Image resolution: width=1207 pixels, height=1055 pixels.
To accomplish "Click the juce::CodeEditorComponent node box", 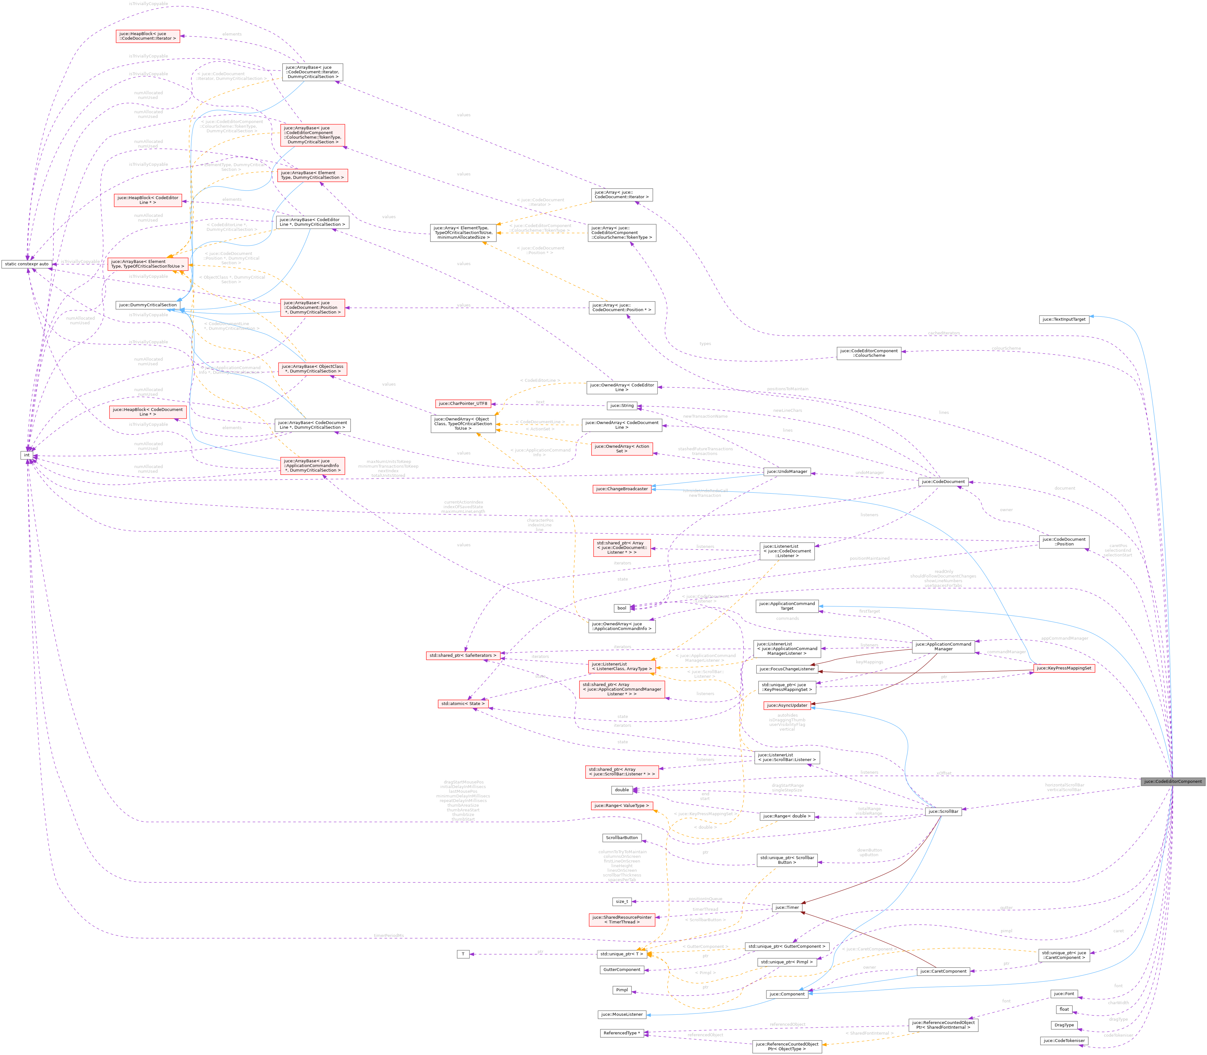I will (x=1173, y=781).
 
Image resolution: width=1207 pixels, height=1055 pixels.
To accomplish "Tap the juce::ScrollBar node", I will (x=943, y=811).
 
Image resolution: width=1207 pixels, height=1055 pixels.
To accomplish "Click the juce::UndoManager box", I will (x=787, y=472).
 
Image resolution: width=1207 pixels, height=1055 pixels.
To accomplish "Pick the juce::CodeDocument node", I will (x=943, y=482).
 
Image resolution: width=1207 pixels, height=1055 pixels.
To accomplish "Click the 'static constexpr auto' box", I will (x=27, y=264).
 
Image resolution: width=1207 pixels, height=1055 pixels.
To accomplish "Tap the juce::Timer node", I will (x=787, y=907).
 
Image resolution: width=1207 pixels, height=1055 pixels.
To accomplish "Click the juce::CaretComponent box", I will (x=943, y=971).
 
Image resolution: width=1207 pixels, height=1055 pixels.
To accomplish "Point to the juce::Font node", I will (x=1064, y=994).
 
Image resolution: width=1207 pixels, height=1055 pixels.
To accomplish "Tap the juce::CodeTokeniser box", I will (x=1064, y=1041).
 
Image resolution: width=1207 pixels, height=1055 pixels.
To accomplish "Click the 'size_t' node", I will (x=622, y=901).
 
